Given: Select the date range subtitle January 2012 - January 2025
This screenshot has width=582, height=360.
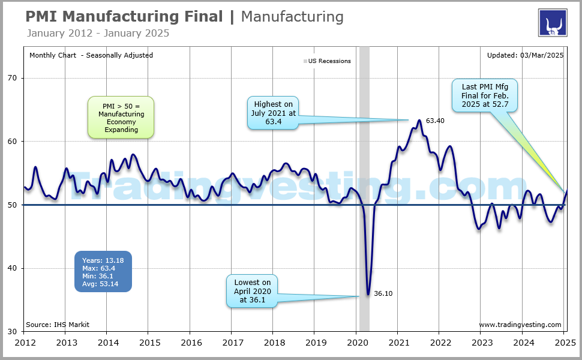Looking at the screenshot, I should [x=98, y=33].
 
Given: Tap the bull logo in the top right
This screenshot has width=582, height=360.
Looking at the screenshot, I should [x=552, y=23].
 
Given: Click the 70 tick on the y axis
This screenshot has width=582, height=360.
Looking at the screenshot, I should [x=13, y=78].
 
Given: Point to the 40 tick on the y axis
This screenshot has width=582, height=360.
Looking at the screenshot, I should [x=13, y=268].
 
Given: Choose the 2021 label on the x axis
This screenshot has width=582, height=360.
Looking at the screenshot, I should [x=397, y=343].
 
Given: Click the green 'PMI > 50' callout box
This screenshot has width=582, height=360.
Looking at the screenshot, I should [x=120, y=118].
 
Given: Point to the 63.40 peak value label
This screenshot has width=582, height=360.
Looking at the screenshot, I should [x=434, y=121].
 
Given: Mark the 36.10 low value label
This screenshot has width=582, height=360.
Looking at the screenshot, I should [x=383, y=294].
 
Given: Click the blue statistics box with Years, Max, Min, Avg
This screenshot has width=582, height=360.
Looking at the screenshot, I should [x=103, y=271].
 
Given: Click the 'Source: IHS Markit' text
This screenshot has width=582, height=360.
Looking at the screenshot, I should [x=58, y=325].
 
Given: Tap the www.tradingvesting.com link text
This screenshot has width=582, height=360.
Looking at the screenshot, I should [x=520, y=325].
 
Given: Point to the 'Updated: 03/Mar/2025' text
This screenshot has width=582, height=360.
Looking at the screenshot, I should [x=525, y=55].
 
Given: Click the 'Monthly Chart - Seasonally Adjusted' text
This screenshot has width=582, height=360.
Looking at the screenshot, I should [x=91, y=55].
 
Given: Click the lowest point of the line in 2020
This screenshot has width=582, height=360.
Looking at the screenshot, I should [x=368, y=294].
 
